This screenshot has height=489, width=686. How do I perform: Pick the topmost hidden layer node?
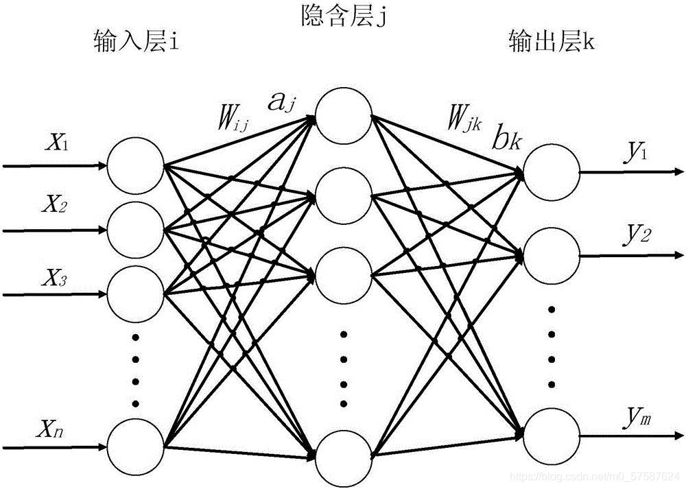(344, 118)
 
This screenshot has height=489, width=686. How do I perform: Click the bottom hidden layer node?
(344, 457)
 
